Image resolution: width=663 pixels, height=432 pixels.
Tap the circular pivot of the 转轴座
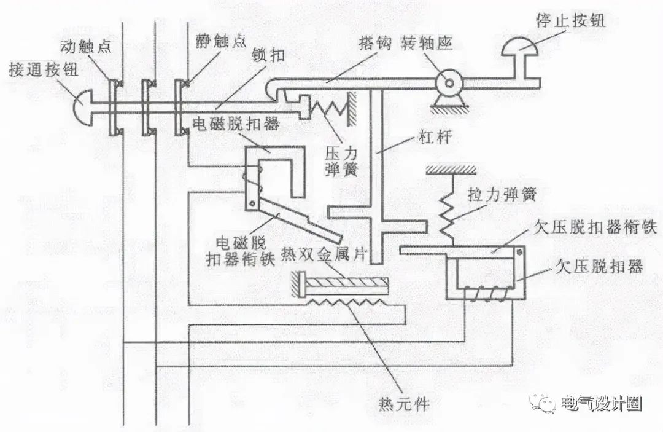click(x=448, y=82)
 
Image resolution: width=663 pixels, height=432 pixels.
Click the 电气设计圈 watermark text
click(x=601, y=404)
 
